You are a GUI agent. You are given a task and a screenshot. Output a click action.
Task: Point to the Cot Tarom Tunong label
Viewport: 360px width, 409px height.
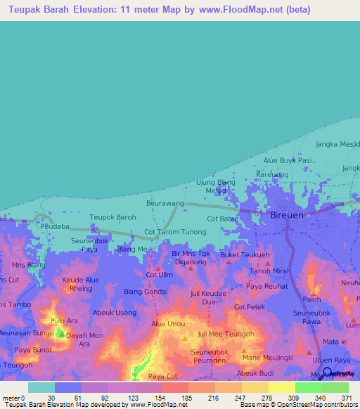[x=175, y=231]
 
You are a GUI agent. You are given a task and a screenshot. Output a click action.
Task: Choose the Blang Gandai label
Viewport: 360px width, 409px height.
[x=146, y=292]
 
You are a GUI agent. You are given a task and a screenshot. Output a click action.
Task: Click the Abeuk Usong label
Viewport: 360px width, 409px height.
[x=115, y=313]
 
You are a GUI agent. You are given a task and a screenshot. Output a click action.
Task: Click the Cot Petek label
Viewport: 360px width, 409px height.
[x=249, y=307]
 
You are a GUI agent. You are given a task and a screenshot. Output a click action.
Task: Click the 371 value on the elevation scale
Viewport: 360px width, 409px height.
[x=346, y=398]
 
